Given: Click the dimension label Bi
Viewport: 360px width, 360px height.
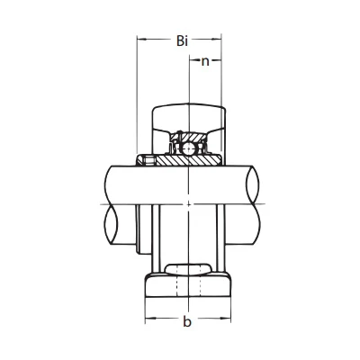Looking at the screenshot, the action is point(182,40).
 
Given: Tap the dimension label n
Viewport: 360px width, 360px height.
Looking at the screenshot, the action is point(205,61).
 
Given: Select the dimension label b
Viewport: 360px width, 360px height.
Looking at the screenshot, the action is point(187,321).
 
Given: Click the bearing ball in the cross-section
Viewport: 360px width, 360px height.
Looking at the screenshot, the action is point(188,148).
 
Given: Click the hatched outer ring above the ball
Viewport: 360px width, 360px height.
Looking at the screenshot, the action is point(188,137).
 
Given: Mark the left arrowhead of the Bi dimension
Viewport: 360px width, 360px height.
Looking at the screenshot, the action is point(141,39).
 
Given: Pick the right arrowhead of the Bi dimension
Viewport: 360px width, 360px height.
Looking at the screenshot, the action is point(217,39).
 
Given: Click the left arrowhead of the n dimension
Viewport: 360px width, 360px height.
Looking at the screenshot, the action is point(193,61).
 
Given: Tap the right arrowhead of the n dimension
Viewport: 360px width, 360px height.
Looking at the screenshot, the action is point(217,61).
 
